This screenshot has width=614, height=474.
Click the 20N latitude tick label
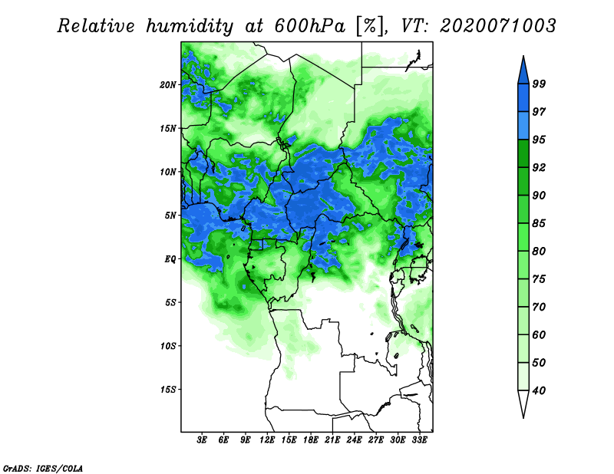168,85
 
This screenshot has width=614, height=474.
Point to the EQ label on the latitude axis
170,259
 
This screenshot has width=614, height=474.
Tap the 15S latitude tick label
168,390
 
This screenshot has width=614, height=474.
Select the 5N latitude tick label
170,216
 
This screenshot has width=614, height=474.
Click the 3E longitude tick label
202,440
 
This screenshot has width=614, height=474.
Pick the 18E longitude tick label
311,440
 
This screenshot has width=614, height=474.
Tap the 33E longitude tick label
419,440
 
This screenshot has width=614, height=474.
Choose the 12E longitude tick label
267,440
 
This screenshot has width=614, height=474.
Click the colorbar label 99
539,84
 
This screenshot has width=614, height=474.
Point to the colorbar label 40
539,390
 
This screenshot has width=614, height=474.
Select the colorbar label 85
539,223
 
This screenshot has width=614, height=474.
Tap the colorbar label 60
539,334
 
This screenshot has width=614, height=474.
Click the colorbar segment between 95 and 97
523,126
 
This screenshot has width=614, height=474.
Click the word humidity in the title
190,27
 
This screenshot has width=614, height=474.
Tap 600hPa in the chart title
309,26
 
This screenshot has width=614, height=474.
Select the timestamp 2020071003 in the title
497,26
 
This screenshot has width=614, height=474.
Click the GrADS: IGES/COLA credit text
43,468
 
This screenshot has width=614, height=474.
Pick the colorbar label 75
539,279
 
